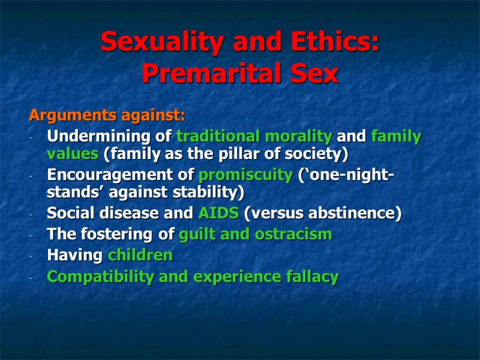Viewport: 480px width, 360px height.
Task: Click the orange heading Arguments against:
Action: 107,114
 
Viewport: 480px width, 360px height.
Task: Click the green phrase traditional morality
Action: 254,136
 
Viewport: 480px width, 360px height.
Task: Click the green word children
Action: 140,256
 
